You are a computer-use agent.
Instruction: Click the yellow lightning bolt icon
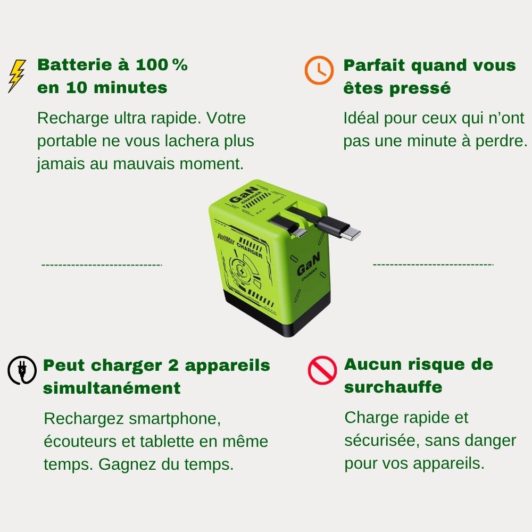click(x=17, y=76)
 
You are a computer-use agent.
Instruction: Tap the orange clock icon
click(x=319, y=70)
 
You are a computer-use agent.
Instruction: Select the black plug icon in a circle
click(x=22, y=370)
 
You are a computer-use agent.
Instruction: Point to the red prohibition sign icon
click(x=322, y=370)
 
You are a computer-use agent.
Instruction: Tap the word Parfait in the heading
click(x=374, y=65)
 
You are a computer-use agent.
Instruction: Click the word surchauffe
click(x=393, y=387)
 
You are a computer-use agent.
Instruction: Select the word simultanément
click(x=112, y=388)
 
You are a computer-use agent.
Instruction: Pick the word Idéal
click(x=361, y=118)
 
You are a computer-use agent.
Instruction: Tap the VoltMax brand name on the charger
click(x=225, y=239)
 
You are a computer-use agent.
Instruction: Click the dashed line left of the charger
click(x=102, y=265)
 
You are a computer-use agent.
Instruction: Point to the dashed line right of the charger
click(x=433, y=264)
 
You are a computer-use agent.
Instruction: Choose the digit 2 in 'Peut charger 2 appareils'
click(x=173, y=365)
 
